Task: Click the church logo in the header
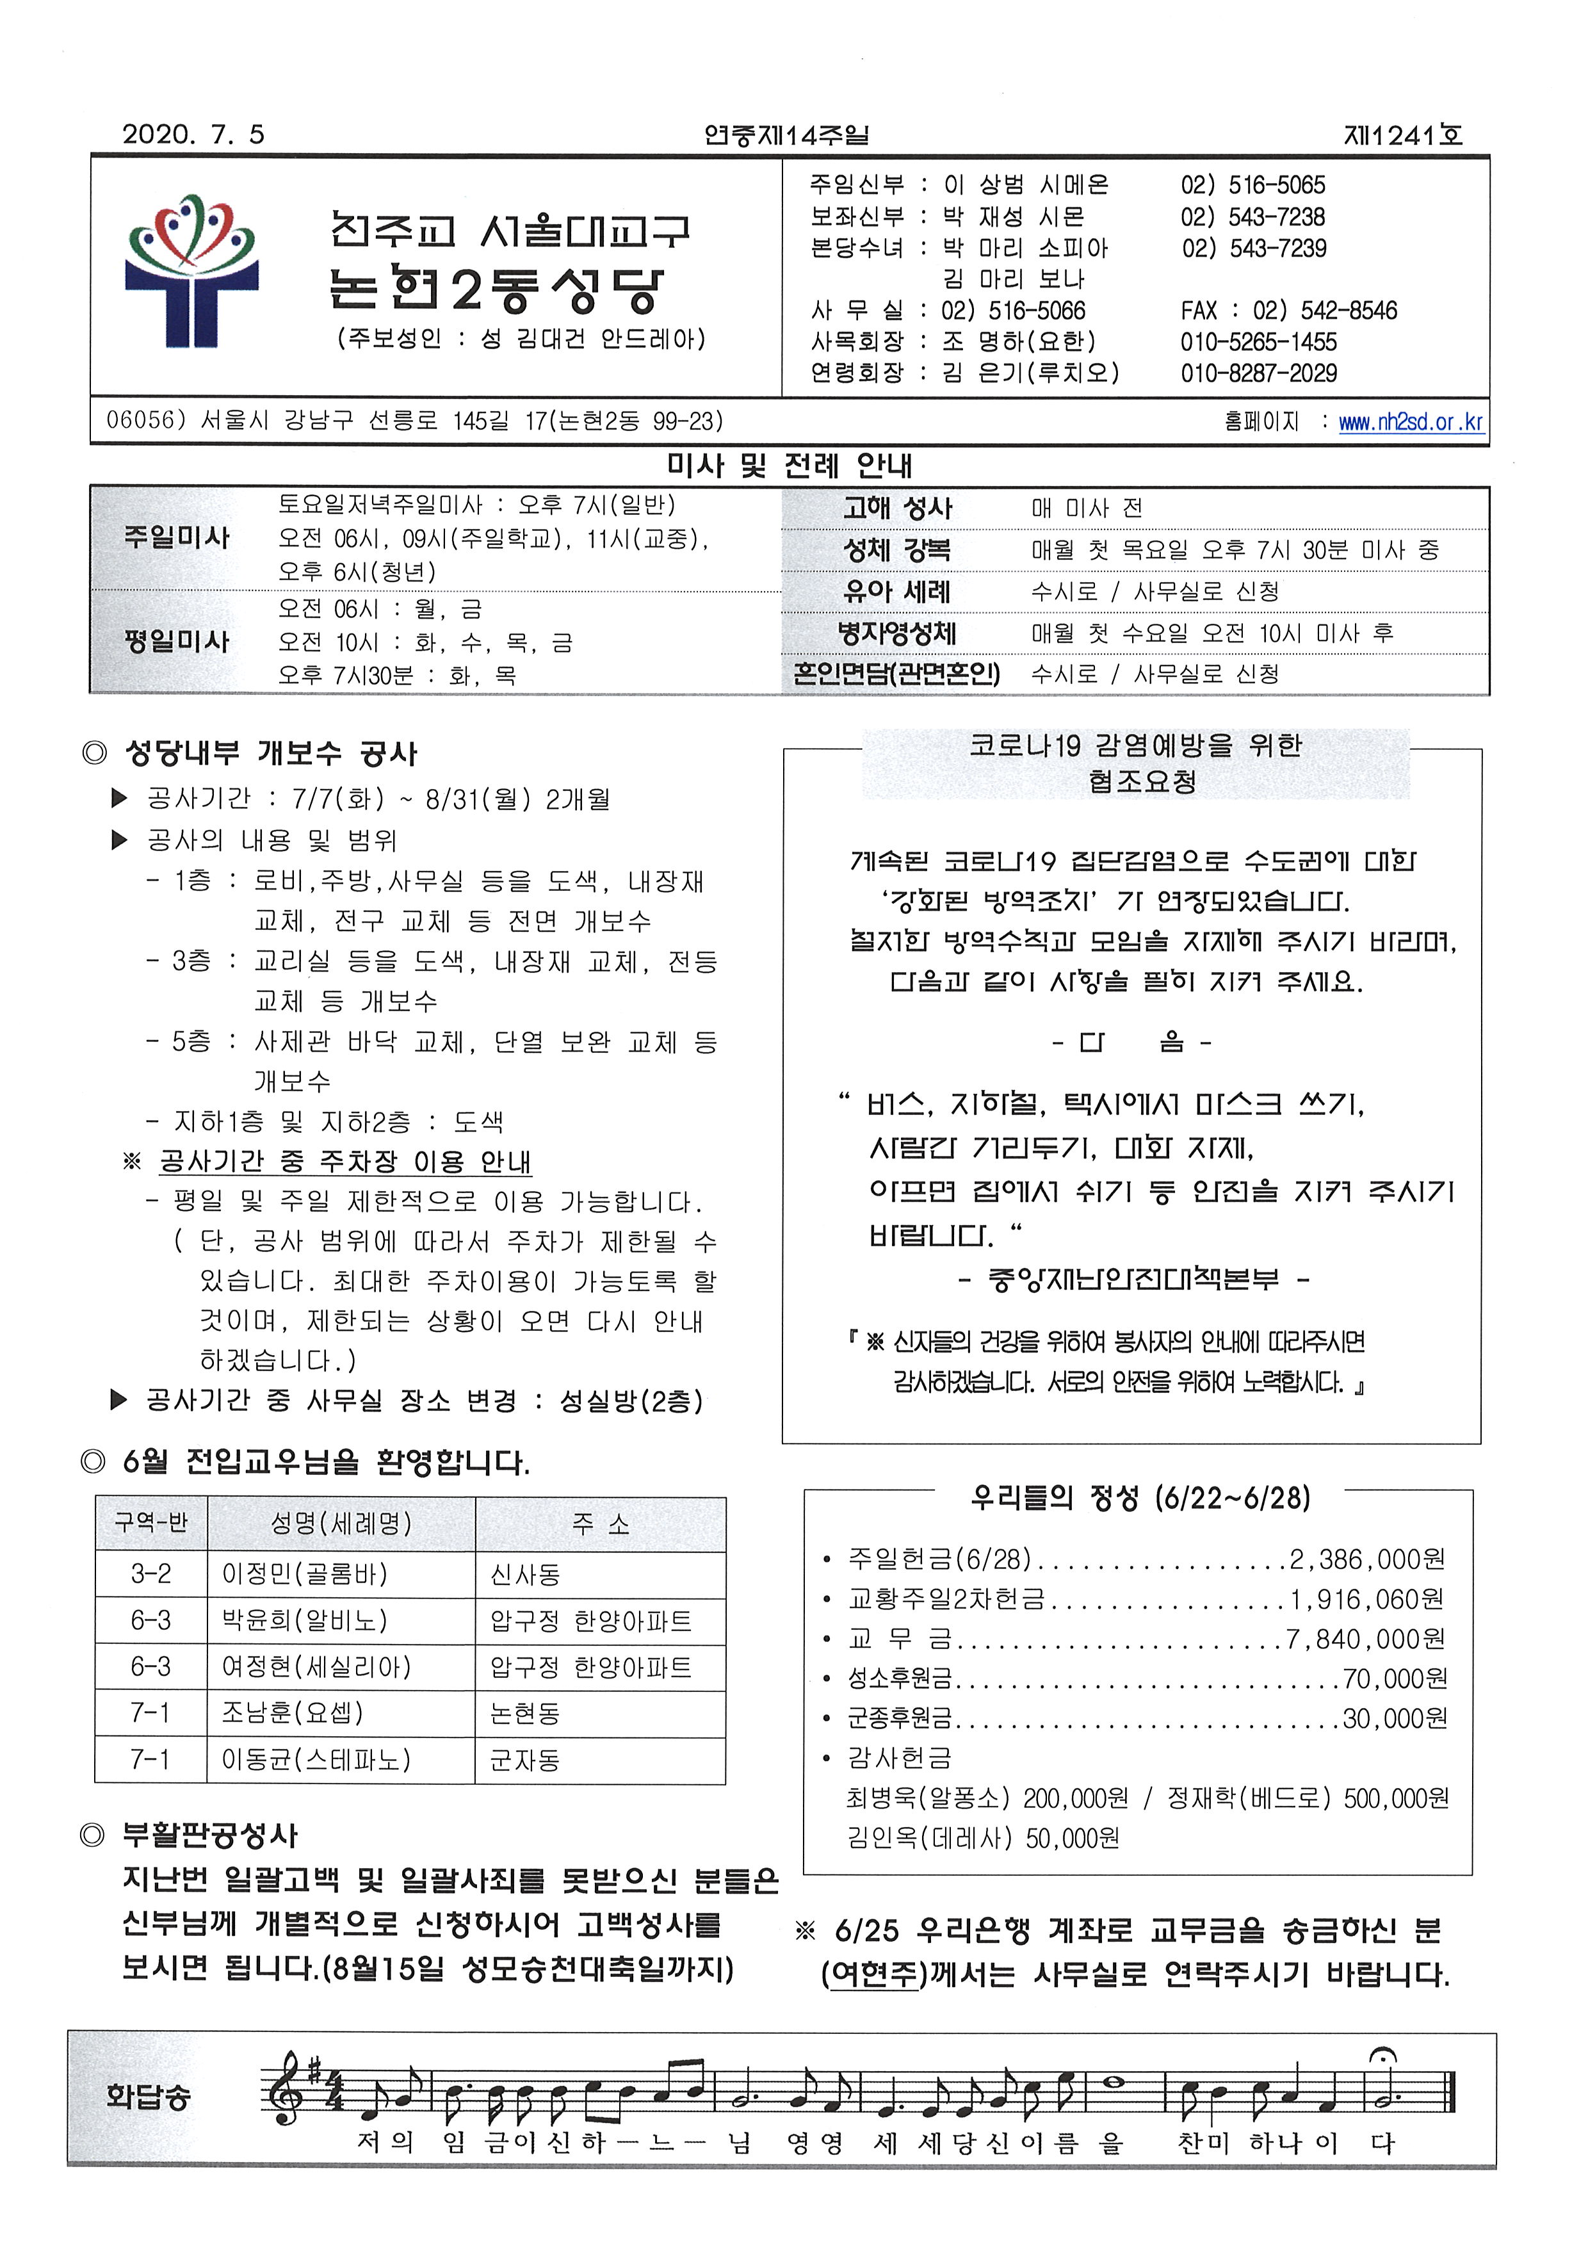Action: (x=191, y=272)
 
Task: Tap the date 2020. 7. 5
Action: (x=193, y=135)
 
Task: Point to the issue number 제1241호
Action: (x=1403, y=135)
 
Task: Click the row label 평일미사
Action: (x=177, y=642)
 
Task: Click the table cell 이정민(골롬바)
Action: (x=305, y=1574)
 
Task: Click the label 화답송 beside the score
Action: (x=149, y=2095)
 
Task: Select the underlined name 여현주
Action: (x=873, y=1974)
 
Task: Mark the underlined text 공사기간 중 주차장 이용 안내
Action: (x=345, y=1162)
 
